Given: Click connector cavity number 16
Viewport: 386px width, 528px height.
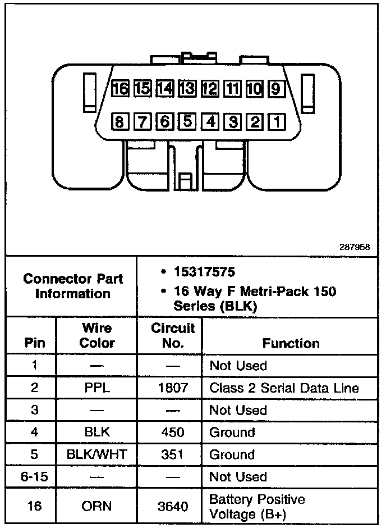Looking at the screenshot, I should [120, 89].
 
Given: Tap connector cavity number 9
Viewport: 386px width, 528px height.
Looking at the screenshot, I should [277, 89].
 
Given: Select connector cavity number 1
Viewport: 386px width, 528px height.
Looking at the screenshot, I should [277, 121].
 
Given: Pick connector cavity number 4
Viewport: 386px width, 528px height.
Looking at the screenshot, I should [210, 121].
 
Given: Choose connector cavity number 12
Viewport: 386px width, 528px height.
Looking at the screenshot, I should [210, 89].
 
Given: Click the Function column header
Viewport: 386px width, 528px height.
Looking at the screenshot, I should [291, 343].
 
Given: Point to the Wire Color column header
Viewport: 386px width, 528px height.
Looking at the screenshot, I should [96, 335].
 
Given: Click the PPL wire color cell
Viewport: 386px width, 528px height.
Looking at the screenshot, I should [96, 388].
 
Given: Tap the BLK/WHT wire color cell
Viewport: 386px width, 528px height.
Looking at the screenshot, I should [96, 455].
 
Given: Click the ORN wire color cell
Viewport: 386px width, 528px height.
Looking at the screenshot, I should [96, 506].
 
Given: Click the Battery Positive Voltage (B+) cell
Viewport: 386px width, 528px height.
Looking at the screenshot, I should [257, 506].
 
